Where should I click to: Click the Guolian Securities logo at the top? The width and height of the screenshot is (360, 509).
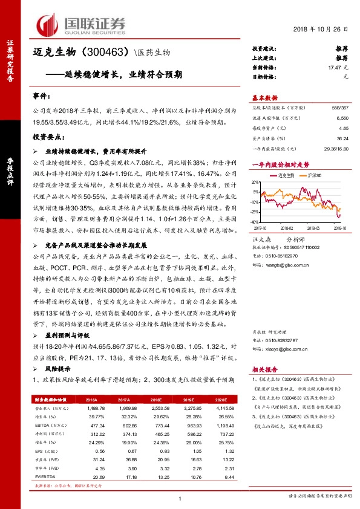click(x=81, y=24)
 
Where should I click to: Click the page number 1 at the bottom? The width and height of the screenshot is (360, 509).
click(x=180, y=498)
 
